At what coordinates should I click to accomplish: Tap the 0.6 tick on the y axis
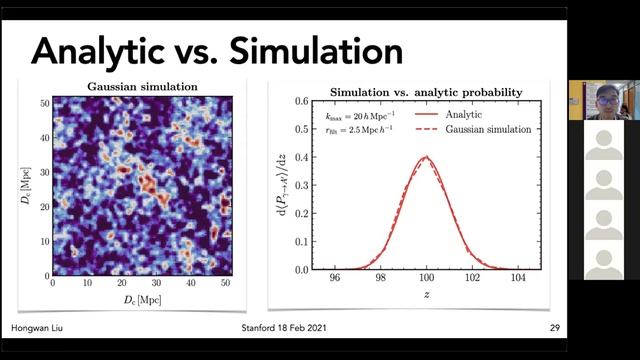coord(299,102)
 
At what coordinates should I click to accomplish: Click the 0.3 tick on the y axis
coord(299,186)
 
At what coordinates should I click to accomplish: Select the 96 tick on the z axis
coord(336,281)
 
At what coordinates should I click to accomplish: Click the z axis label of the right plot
coord(427,297)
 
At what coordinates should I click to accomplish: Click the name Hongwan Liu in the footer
coord(37,329)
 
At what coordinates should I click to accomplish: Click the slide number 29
coord(554,329)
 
